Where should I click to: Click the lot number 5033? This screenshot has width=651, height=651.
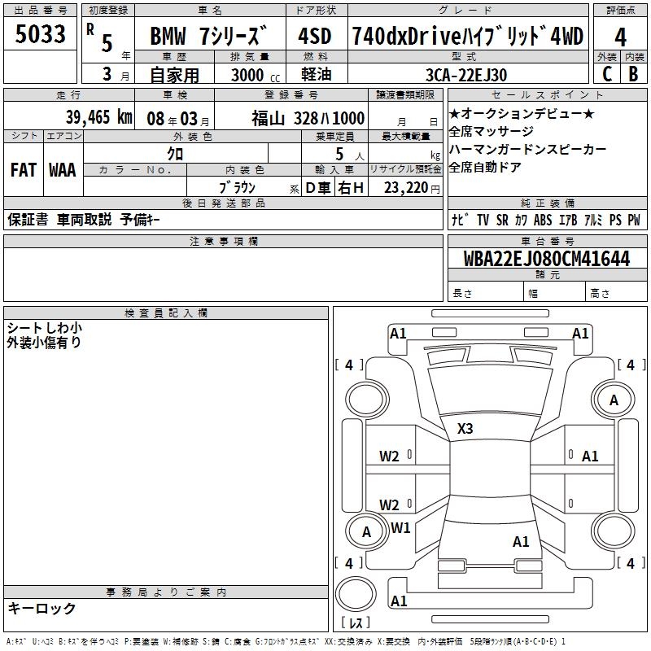click(40, 34)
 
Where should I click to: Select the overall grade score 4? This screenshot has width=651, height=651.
click(620, 37)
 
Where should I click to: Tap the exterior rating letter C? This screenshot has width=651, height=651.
click(607, 74)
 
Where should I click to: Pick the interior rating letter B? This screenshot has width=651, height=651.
click(634, 74)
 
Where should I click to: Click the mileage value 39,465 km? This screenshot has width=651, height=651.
click(99, 117)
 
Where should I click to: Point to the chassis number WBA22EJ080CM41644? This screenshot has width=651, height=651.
click(547, 258)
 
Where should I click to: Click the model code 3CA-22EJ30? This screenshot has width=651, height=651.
click(466, 75)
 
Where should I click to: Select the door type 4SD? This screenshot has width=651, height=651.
click(315, 36)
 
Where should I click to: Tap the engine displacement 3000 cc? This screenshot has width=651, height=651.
click(256, 75)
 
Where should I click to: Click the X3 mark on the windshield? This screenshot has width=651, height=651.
click(465, 429)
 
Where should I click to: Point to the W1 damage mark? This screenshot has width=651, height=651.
click(400, 527)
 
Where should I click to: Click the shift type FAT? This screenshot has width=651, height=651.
click(24, 170)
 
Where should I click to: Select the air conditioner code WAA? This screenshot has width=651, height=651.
click(63, 170)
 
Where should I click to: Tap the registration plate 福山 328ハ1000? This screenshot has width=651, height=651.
click(308, 119)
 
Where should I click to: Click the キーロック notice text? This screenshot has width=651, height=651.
click(42, 608)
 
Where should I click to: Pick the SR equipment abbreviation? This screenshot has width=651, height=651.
click(502, 220)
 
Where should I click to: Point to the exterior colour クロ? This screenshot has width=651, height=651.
click(175, 154)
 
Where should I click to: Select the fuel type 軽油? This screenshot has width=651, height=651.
click(317, 74)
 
